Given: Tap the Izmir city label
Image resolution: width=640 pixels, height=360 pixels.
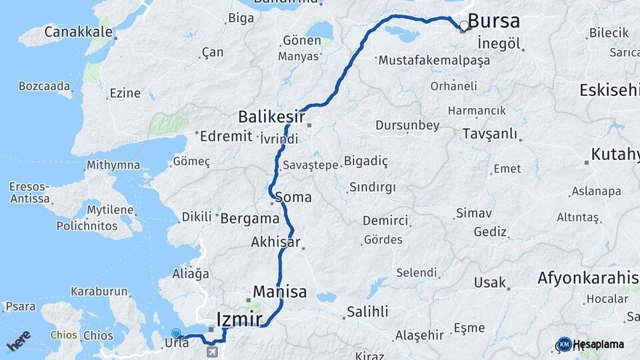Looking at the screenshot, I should [x=239, y=319].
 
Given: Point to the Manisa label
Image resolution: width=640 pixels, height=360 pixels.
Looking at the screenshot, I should [x=280, y=292].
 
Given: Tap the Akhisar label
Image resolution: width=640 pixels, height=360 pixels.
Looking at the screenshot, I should [x=275, y=243].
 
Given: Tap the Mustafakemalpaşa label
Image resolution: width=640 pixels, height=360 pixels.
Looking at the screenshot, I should [x=434, y=60].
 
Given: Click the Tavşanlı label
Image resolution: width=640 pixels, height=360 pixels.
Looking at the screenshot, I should [x=489, y=134].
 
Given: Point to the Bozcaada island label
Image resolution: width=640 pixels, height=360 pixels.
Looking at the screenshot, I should [x=45, y=86].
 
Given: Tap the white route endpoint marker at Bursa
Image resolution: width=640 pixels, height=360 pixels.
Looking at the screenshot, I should [x=464, y=26].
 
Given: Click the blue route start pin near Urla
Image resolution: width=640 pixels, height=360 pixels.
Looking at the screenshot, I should [x=176, y=333].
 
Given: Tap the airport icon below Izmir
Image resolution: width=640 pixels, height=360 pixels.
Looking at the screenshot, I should [x=213, y=351].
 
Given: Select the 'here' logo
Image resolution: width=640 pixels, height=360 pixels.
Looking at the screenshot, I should [x=19, y=343].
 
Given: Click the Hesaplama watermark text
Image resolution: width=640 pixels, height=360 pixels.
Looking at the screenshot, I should [x=598, y=345].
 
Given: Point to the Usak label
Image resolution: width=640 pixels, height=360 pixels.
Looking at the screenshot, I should [x=490, y=283].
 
